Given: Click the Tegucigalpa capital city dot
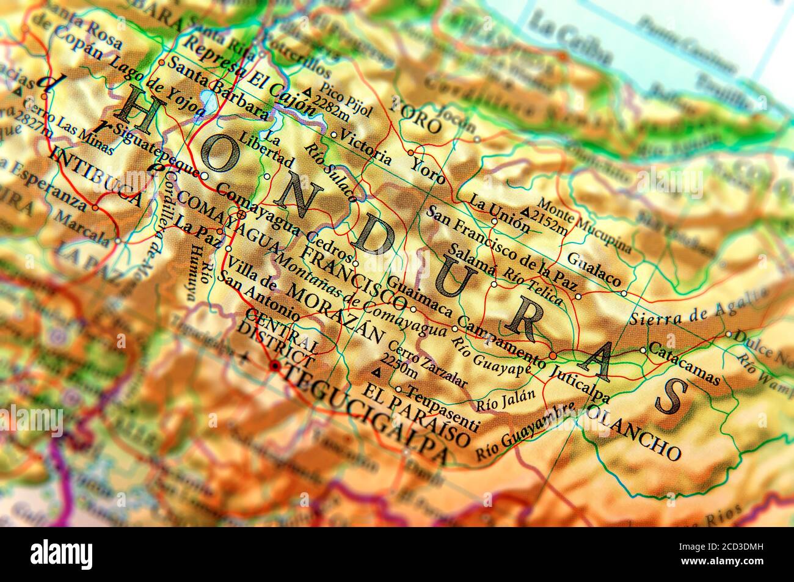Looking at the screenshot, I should click(x=275, y=366).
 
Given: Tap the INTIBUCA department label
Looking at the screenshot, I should click(x=97, y=176).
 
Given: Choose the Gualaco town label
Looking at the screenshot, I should click(x=594, y=269).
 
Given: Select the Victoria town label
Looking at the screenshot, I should click(x=366, y=144).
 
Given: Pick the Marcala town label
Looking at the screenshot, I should click(x=84, y=225).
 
